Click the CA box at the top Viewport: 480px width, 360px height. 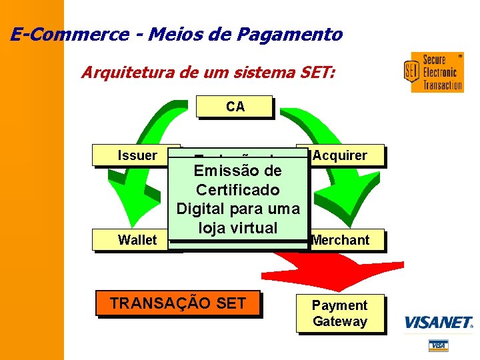235,107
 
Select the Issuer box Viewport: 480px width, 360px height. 137,155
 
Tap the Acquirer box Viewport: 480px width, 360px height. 340,155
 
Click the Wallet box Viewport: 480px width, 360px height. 137,240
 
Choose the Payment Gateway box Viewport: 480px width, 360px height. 340,313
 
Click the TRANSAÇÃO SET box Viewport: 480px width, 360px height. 177,303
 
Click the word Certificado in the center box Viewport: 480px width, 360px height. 237,190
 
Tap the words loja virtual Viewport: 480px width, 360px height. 237,228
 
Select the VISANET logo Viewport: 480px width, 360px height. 438,323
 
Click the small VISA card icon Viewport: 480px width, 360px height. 438,345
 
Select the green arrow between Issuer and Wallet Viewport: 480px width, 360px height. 133,200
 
